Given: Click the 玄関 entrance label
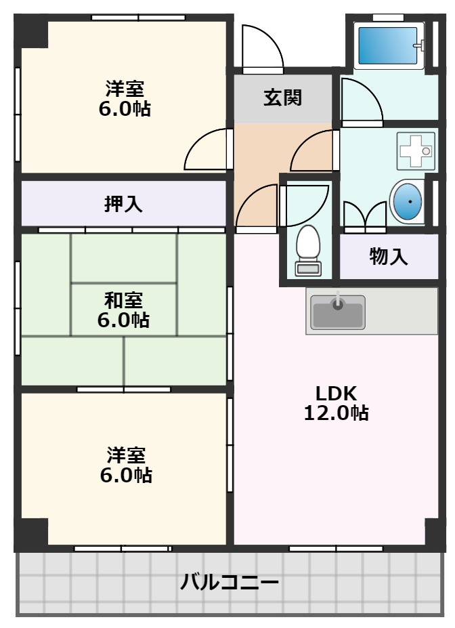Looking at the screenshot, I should [x=283, y=98].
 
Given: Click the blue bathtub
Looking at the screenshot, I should [x=387, y=45].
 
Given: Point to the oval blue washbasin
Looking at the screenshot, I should [x=408, y=201].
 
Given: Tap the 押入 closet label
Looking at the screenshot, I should [x=123, y=204].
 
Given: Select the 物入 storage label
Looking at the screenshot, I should [x=389, y=257].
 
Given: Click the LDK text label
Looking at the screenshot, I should [x=336, y=393].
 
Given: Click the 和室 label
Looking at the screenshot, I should [x=123, y=299].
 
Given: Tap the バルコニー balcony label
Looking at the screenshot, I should [x=230, y=582].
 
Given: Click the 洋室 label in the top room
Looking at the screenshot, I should [x=124, y=88].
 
